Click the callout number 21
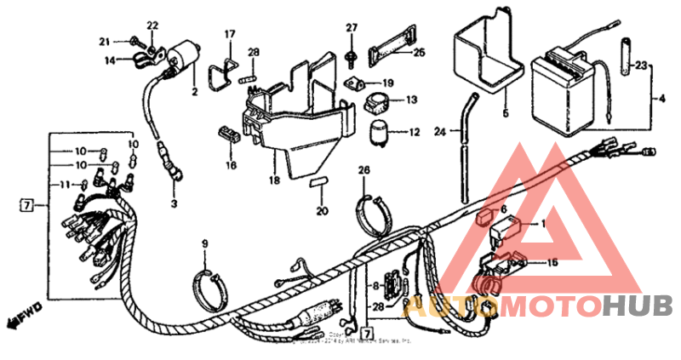(104, 42)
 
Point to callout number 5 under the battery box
(504, 112)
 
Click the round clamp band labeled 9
(208, 281)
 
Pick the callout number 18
(274, 181)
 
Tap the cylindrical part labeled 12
(378, 133)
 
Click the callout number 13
(411, 100)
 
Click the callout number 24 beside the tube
(440, 132)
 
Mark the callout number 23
(642, 65)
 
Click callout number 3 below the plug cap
(174, 203)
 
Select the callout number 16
(231, 165)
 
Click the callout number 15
(552, 263)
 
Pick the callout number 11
(64, 186)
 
